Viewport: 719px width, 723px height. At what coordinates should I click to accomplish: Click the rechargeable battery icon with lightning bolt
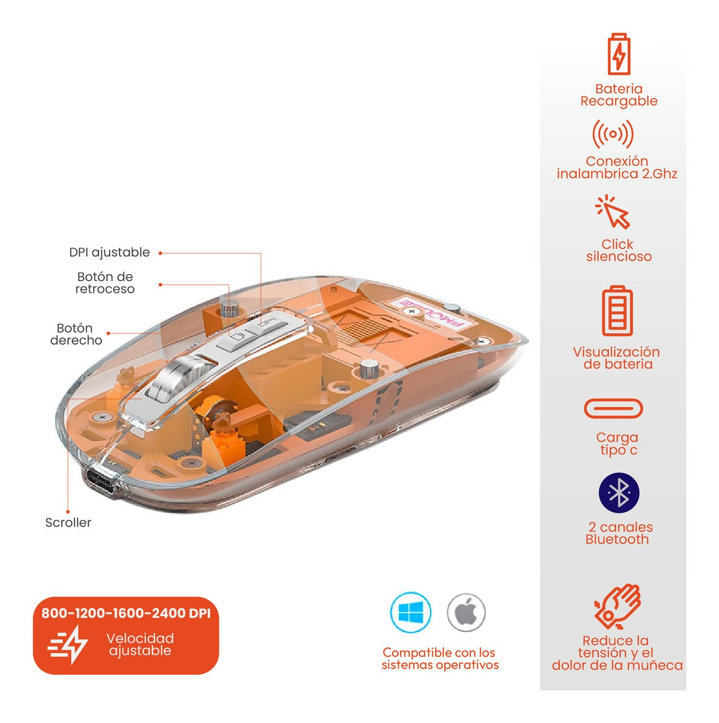point(619,54)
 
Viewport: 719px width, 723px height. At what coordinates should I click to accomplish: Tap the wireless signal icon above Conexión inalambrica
point(613,134)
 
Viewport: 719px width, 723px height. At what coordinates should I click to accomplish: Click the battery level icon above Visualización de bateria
point(617,311)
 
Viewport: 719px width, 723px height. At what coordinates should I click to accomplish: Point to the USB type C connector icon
point(613,409)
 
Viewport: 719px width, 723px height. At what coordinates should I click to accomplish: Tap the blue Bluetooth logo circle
point(619,493)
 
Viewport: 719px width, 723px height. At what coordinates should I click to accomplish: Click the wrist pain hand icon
point(617,606)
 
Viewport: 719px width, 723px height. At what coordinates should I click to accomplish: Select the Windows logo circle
point(411,613)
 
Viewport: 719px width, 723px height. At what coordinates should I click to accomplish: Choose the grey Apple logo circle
point(466,613)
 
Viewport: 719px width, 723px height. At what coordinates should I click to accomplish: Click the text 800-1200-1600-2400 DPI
point(126,613)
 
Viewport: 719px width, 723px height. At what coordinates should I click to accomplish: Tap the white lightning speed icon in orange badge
point(69,644)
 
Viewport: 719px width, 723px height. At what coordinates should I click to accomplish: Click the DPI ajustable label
point(109,252)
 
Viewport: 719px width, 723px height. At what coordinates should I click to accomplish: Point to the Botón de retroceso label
point(105,283)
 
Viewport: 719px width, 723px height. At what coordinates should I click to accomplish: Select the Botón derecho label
point(76,334)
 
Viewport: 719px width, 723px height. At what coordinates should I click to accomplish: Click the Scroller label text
point(68,522)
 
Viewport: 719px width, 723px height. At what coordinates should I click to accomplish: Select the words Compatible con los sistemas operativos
point(439,659)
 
